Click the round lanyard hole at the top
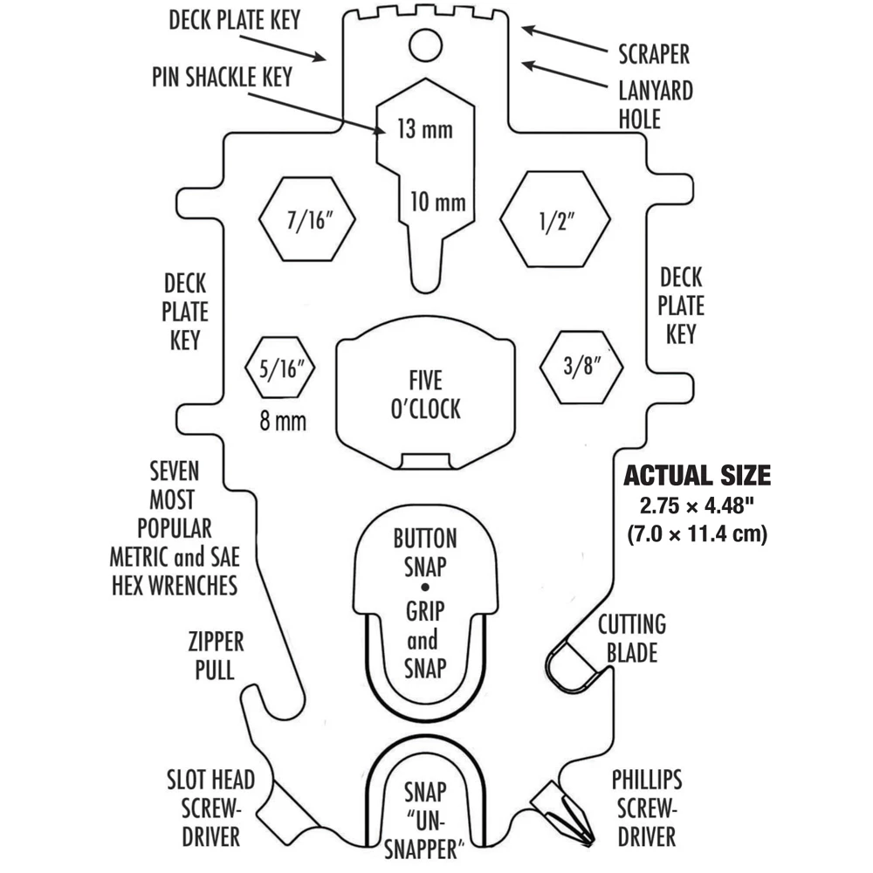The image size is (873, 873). click(x=426, y=44)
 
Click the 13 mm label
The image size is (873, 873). click(x=424, y=131)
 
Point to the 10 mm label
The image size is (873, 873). click(x=437, y=203)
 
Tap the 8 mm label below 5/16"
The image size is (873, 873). click(x=283, y=422)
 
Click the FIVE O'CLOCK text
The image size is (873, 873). click(x=425, y=395)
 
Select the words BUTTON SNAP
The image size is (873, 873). click(x=425, y=552)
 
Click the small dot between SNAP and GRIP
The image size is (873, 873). click(x=424, y=586)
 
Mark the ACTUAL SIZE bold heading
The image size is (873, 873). click(x=696, y=476)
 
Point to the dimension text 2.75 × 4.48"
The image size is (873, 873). click(x=696, y=505)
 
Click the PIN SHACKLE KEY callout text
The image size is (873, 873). click(x=222, y=76)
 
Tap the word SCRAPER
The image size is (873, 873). click(x=654, y=54)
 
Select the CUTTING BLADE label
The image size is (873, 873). click(x=631, y=637)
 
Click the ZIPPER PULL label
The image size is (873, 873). click(x=216, y=656)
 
